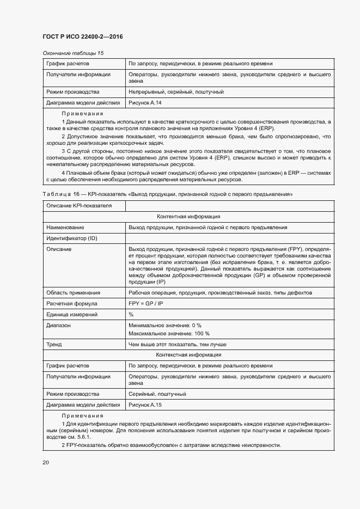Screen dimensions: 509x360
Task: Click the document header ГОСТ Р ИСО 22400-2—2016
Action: [82, 36]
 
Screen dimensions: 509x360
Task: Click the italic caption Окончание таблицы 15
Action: [73, 53]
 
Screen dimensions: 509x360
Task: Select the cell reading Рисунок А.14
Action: [145, 102]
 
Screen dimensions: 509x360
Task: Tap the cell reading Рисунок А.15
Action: [145, 405]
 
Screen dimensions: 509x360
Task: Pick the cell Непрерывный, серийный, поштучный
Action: [176, 92]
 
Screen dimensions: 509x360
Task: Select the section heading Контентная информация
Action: [188, 217]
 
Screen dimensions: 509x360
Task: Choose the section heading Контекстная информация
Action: [188, 355]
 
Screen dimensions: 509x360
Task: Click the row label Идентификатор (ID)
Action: [72, 238]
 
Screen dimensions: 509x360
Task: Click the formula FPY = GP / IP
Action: [147, 303]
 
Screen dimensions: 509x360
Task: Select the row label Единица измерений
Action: [72, 314]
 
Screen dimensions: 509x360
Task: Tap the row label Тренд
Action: [54, 344]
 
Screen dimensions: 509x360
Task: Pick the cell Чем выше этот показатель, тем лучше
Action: [178, 344]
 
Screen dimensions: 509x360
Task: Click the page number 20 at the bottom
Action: [46, 462]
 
